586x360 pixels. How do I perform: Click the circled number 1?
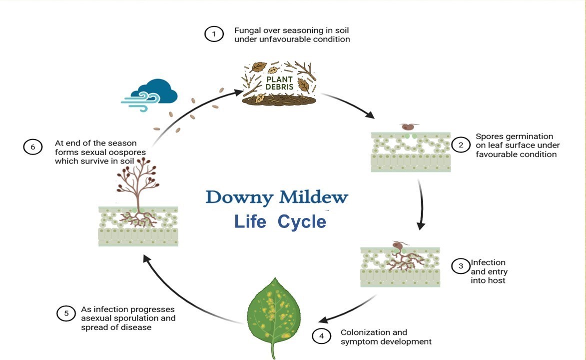(x=214, y=34)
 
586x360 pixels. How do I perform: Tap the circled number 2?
(x=461, y=145)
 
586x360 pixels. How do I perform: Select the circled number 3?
(x=461, y=266)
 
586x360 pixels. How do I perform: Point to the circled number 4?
(x=322, y=336)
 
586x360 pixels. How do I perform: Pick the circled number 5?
(x=66, y=313)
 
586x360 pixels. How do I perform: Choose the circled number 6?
(x=33, y=147)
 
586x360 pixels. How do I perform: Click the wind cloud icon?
(x=149, y=95)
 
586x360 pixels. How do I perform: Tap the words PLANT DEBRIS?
(x=280, y=83)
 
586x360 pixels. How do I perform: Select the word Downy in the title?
(x=239, y=197)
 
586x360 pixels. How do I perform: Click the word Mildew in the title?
(x=314, y=196)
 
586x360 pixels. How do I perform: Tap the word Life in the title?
(x=250, y=221)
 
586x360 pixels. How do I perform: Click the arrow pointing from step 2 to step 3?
(x=422, y=204)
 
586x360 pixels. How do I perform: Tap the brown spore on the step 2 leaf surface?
(x=409, y=127)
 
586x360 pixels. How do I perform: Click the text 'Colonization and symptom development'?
(x=386, y=337)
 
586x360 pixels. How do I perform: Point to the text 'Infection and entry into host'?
(x=489, y=271)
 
